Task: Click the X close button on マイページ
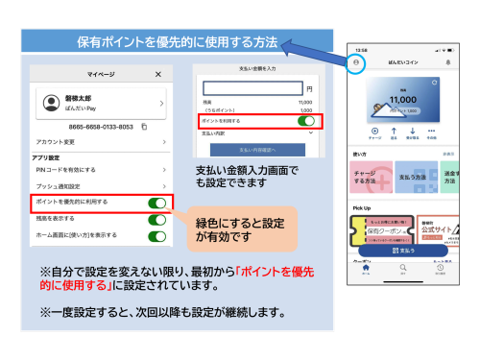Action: coord(158,73)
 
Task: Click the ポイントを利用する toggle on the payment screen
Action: coord(306,121)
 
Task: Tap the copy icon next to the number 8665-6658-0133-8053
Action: coord(143,126)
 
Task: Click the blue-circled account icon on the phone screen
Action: coord(357,60)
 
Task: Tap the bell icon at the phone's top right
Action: coord(448,60)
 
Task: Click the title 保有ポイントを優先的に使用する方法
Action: coord(179,42)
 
